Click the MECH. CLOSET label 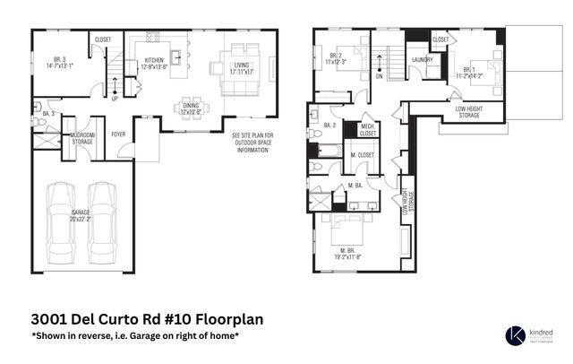click(x=368, y=131)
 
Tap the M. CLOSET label click(x=363, y=156)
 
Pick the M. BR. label click(x=350, y=252)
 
